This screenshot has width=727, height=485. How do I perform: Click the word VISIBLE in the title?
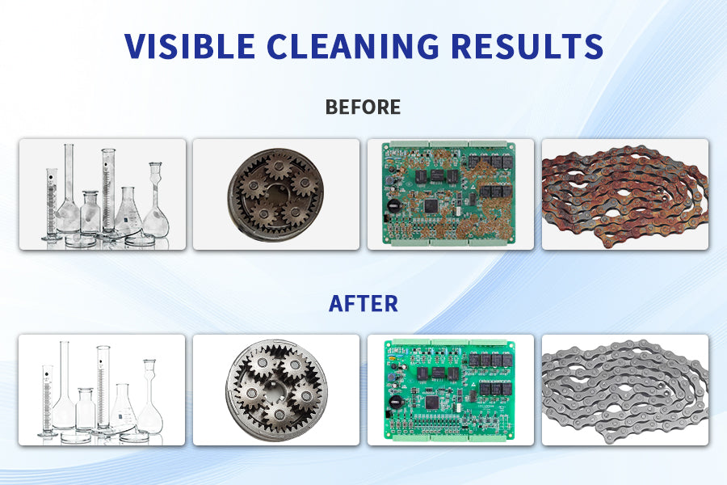[x=190, y=46]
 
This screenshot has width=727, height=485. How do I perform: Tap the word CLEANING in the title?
[x=353, y=46]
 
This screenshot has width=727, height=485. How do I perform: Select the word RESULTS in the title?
[x=527, y=46]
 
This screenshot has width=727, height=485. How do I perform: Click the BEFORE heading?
[x=363, y=108]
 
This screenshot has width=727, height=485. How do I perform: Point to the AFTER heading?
[x=363, y=304]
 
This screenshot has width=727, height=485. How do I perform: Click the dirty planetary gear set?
[x=276, y=195]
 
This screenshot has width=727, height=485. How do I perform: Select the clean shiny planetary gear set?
[x=276, y=390]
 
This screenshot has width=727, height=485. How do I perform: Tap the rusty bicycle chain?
[x=625, y=196]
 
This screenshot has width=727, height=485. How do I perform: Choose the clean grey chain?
[x=625, y=390]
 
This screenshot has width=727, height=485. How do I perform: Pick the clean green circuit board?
[x=450, y=390]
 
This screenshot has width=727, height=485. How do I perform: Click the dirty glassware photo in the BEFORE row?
[x=103, y=195]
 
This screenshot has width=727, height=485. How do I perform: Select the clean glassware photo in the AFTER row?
[x=102, y=390]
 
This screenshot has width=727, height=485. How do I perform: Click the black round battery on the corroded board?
[x=393, y=205]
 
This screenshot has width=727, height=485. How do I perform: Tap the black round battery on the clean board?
[x=396, y=402]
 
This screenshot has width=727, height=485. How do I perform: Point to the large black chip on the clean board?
[x=432, y=403]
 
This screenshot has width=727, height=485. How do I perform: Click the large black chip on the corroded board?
[x=431, y=205]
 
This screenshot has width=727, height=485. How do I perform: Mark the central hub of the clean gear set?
[x=277, y=389]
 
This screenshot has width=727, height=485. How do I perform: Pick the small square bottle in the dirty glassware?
[x=90, y=213]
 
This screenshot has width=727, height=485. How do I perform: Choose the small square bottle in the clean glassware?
[x=86, y=409]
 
